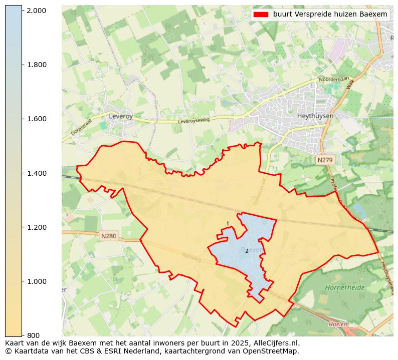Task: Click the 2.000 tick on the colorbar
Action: point(37,11)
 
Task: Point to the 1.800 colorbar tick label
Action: point(37,65)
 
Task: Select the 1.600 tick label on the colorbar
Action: point(37,119)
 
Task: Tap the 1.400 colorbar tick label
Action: point(37,173)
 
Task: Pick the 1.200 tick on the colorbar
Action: point(37,227)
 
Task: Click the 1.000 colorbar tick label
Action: point(37,281)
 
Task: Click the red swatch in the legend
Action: point(261,15)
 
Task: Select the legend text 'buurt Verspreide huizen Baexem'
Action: point(330,15)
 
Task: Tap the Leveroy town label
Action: point(120,116)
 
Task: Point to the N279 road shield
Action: point(325,160)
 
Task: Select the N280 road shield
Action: point(108,236)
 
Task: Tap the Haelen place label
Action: point(337,324)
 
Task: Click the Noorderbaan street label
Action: point(333,79)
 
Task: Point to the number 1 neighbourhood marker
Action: point(228,224)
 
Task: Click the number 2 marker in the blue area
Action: point(247,251)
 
